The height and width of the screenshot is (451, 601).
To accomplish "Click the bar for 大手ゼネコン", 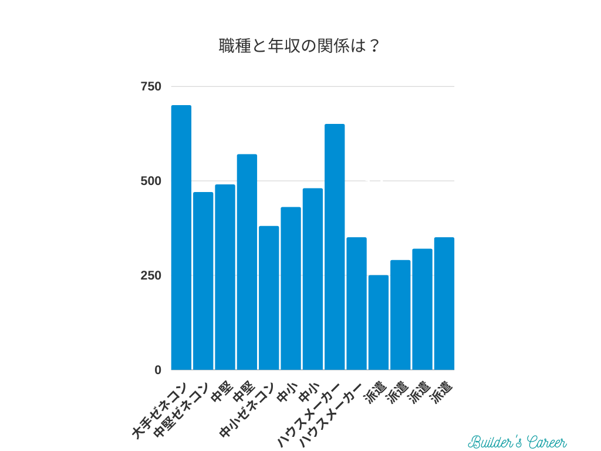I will tap(181, 238).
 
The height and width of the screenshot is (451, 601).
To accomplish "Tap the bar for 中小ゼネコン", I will tap(269, 298).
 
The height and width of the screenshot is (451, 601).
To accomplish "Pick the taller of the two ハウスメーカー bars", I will tap(335, 247).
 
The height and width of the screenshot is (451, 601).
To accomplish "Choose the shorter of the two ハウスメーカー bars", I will tap(356, 304).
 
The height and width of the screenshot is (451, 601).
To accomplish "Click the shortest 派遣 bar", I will tap(378, 322).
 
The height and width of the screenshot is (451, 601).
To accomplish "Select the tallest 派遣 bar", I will tap(444, 304).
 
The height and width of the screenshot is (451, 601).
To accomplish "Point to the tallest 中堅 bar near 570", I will tap(247, 262).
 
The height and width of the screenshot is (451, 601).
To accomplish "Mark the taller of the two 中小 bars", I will tap(312, 279).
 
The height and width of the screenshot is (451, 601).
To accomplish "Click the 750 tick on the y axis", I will tap(151, 87).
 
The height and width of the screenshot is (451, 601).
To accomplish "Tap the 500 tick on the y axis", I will tap(151, 181).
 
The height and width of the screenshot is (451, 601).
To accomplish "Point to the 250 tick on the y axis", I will tap(151, 275).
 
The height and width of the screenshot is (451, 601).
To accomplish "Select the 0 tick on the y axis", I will tap(157, 370).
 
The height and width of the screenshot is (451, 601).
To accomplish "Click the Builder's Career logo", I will tap(517, 442).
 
